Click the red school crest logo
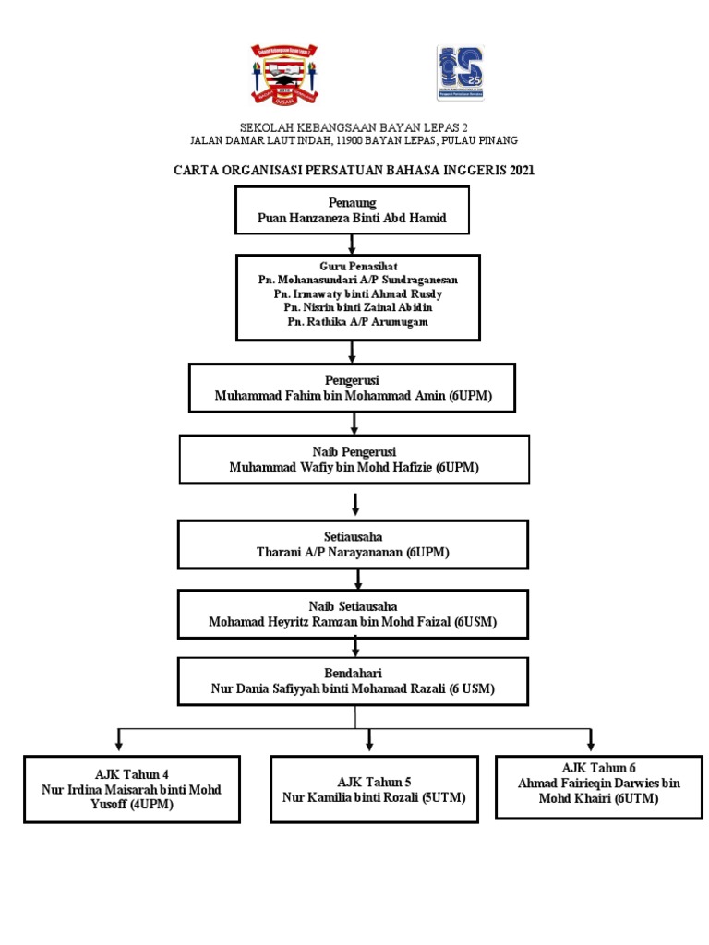(x=284, y=74)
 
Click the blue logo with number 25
(x=460, y=73)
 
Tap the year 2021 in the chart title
(x=522, y=170)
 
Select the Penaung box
(x=352, y=209)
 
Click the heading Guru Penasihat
(x=358, y=266)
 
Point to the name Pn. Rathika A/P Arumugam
(x=357, y=322)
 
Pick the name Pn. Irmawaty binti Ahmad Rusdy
(x=357, y=294)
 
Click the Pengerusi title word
(x=352, y=380)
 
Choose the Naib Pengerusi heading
(x=354, y=451)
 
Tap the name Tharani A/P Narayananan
(x=330, y=552)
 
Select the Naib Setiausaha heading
(x=353, y=606)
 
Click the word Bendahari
(x=353, y=673)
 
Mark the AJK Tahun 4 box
(x=132, y=789)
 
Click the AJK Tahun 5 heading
(x=374, y=783)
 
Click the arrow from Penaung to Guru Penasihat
(x=352, y=244)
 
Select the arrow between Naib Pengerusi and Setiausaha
(x=355, y=505)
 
